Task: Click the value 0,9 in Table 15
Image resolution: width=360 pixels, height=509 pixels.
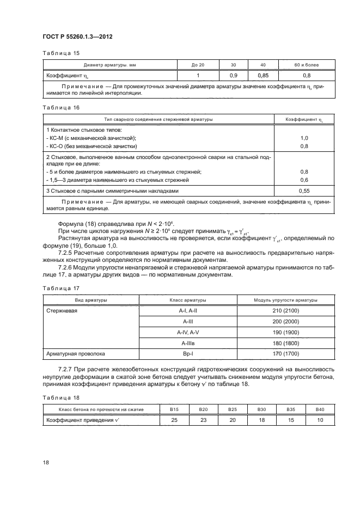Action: pos(234,76)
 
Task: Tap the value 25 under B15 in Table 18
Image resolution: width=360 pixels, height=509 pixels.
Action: pos(174,420)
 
